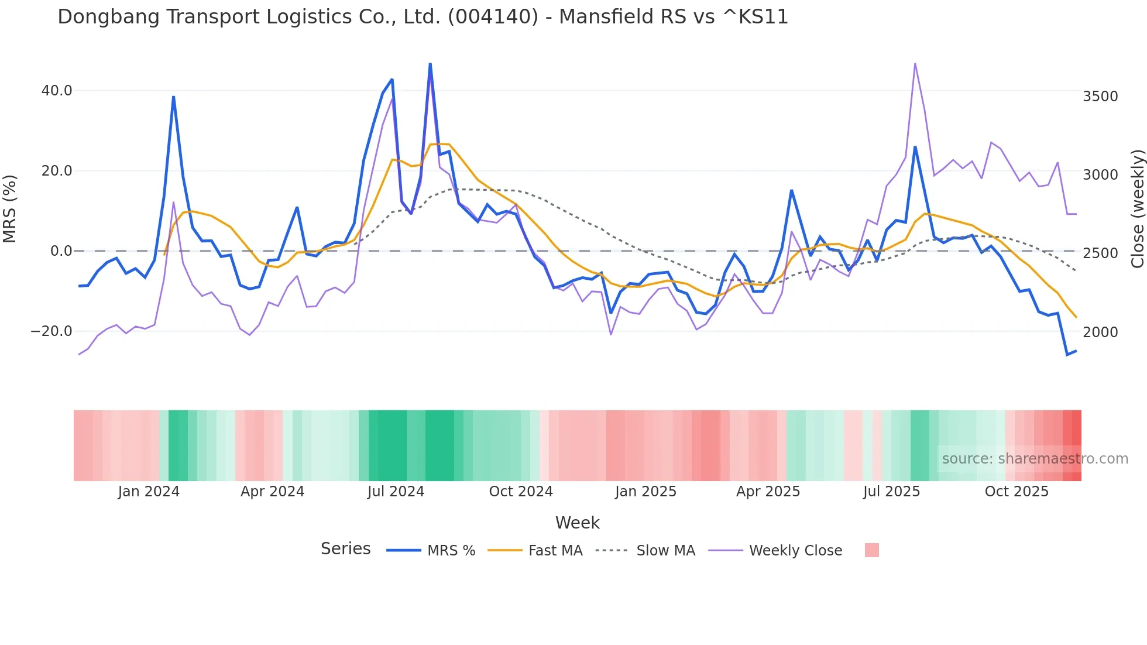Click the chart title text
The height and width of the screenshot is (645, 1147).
click(423, 17)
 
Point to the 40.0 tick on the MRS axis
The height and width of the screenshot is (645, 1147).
click(57, 91)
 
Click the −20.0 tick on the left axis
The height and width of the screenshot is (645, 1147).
click(51, 331)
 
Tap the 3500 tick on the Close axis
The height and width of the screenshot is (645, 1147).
click(1100, 97)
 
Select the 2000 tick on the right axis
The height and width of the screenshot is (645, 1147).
click(1100, 332)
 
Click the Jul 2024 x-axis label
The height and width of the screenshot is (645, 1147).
click(396, 492)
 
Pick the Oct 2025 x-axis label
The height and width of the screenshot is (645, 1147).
click(1016, 492)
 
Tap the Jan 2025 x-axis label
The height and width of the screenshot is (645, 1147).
click(645, 492)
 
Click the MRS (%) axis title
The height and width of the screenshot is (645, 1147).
click(10, 208)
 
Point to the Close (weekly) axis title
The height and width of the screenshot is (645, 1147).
click(1137, 208)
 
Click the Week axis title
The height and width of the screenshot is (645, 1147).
click(577, 523)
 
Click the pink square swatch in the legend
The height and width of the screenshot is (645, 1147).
click(871, 550)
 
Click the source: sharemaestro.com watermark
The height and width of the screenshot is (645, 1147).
click(1035, 459)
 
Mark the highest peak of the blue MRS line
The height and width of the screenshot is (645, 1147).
click(430, 64)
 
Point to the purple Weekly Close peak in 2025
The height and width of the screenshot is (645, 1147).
click(915, 64)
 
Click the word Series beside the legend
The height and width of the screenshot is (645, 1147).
click(345, 549)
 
